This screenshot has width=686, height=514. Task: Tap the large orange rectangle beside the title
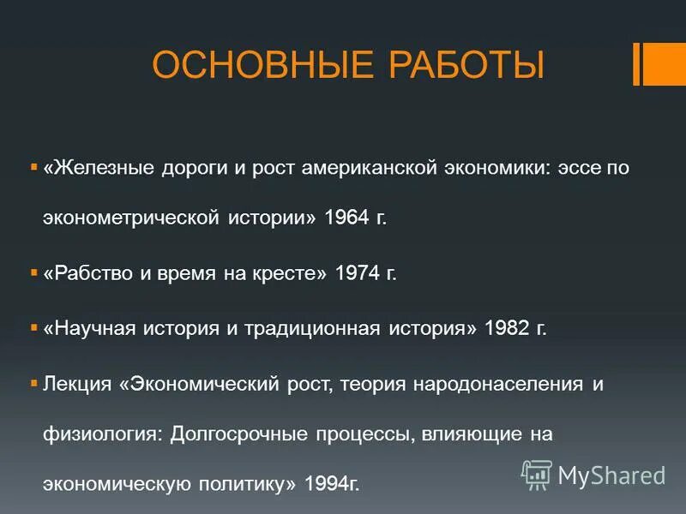click(x=665, y=64)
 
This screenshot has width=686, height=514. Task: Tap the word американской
click(x=371, y=167)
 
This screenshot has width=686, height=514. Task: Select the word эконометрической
click(x=132, y=218)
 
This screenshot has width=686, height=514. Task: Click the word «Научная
click(x=94, y=328)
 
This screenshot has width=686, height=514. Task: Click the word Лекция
click(x=77, y=383)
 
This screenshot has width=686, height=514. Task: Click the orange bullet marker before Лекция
click(x=33, y=383)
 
